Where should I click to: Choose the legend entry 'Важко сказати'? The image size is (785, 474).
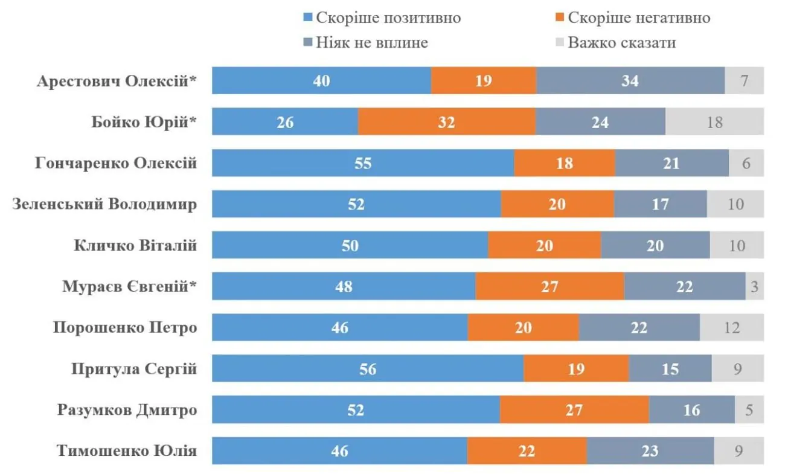621,43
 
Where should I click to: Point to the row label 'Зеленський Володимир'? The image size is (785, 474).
104,204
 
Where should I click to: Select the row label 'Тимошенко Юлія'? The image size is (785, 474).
127,450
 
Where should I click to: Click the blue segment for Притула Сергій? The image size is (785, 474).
368,368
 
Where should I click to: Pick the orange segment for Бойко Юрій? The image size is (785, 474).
447,122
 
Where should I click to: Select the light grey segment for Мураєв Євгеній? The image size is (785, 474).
755,286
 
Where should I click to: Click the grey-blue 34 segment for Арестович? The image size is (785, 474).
630,81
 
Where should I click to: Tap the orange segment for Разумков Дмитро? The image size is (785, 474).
574,410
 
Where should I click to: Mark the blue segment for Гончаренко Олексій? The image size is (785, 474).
363,163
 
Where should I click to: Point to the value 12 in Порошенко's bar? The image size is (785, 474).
732,327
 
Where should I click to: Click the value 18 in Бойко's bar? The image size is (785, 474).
715,122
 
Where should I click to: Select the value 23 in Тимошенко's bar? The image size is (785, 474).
650,450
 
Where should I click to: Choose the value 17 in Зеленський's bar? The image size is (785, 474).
661,204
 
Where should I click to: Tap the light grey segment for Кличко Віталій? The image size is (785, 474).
737,245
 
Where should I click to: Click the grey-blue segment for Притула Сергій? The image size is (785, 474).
670,368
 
